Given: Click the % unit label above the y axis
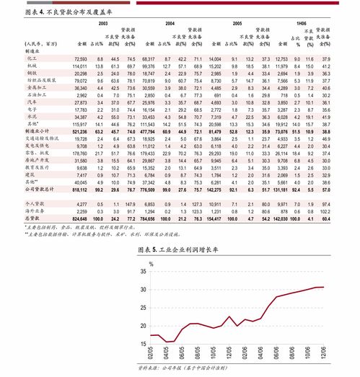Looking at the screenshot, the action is (x=152, y=262).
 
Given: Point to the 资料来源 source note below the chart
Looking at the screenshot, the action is (x=182, y=371).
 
